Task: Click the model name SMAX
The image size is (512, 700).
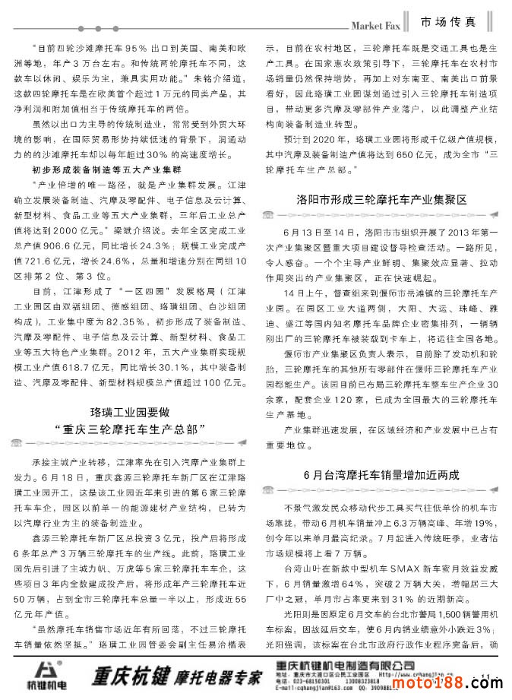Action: [x=409, y=569]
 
